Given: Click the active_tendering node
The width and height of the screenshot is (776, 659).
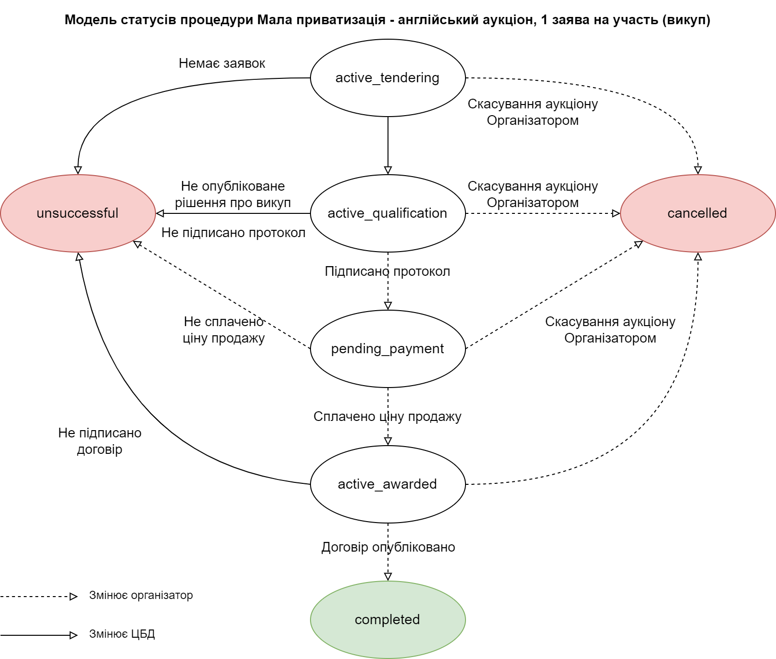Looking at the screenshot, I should (x=388, y=78).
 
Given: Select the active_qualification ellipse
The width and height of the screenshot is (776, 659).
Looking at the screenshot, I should (x=388, y=213).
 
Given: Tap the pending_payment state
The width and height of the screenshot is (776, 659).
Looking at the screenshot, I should (x=388, y=349).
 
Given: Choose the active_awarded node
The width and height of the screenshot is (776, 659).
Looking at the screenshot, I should (x=388, y=484).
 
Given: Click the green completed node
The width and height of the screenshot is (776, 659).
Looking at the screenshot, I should (x=388, y=620).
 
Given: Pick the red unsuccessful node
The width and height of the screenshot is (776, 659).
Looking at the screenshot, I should (x=78, y=213).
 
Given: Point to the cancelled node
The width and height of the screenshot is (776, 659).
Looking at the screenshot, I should (x=698, y=213).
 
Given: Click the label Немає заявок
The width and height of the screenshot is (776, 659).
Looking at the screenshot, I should (x=222, y=63).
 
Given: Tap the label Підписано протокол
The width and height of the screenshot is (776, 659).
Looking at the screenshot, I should (x=388, y=271).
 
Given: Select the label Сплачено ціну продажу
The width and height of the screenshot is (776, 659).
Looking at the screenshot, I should (x=388, y=417).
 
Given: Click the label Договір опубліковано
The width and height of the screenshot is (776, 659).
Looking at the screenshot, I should (x=388, y=547).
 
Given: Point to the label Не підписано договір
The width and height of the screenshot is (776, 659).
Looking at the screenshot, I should (x=100, y=441).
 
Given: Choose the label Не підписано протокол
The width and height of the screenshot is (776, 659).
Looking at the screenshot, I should (x=233, y=233).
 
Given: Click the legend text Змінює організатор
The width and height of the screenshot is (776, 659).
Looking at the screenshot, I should (x=141, y=596).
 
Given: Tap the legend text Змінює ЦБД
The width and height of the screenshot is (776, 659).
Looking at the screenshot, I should (x=122, y=634).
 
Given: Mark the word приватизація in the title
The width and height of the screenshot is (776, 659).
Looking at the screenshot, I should (x=336, y=20).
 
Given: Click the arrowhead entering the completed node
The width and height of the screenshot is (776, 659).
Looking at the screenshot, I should (x=388, y=577).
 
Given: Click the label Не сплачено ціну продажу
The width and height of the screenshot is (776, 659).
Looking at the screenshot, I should (x=224, y=329).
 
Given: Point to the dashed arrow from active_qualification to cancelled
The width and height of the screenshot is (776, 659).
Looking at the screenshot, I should (x=543, y=213).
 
